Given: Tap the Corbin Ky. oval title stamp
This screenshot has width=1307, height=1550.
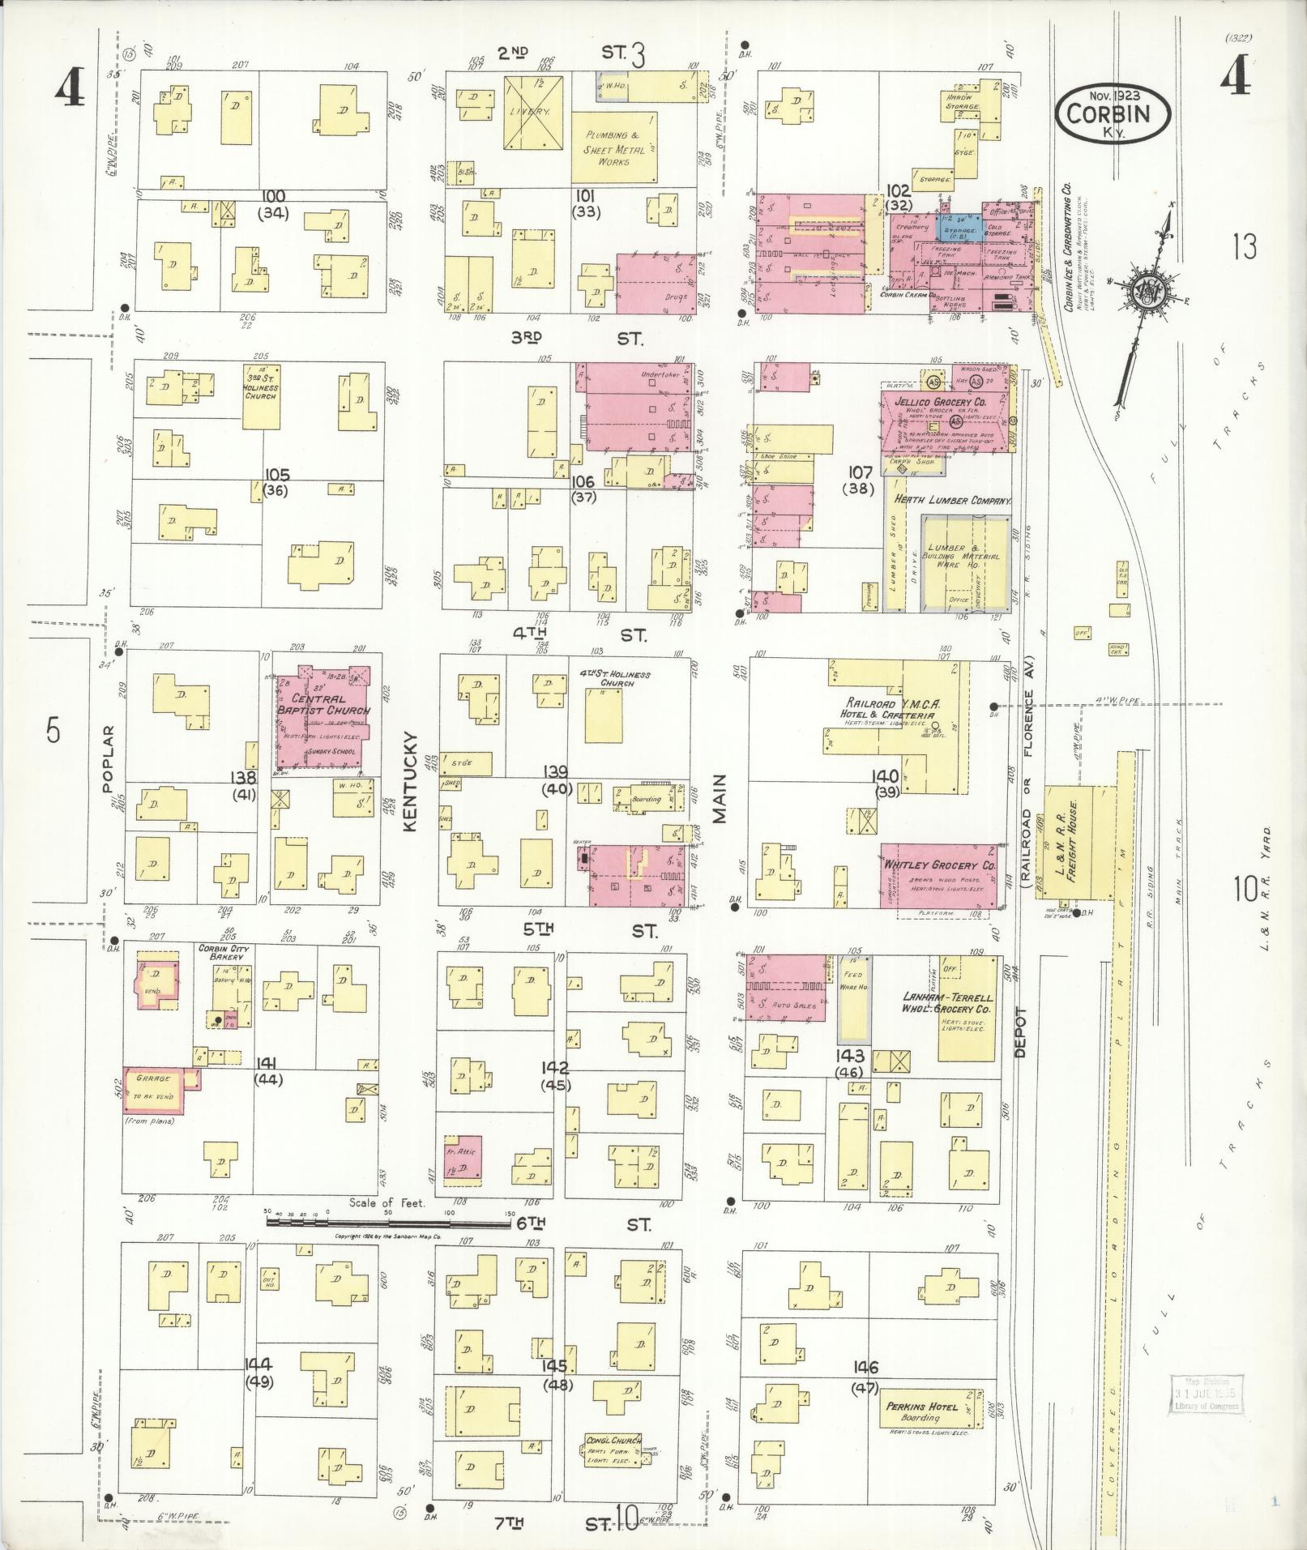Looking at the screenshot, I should click(x=1112, y=114).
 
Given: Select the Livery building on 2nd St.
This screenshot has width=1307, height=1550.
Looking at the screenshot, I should click(x=534, y=113).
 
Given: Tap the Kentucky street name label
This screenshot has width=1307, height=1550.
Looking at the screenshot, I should click(x=410, y=780).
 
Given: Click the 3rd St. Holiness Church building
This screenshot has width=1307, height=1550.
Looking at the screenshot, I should click(x=261, y=396).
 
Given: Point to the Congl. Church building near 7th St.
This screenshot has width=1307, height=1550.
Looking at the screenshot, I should click(x=613, y=1449).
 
